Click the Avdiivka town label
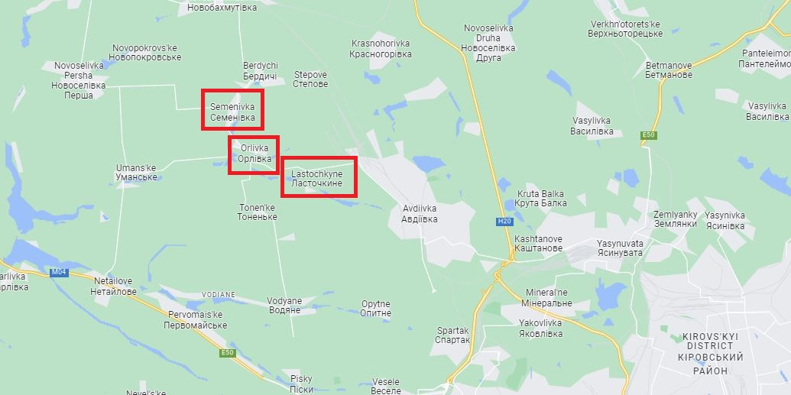coord(420,212)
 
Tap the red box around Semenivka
coord(233,110)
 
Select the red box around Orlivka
coord(253,155)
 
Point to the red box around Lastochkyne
coord(319,177)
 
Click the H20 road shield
coord(503,222)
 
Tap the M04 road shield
coord(58,272)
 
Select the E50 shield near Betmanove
coord(649,135)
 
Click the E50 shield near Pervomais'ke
coord(227,352)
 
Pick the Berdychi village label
coord(260,71)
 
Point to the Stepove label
coord(310,79)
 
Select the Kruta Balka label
coord(542,199)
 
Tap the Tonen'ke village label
coord(257,212)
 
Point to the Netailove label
coord(113,287)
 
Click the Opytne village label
coord(376,308)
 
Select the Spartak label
coord(452,335)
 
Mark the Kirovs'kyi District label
coord(711,353)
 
